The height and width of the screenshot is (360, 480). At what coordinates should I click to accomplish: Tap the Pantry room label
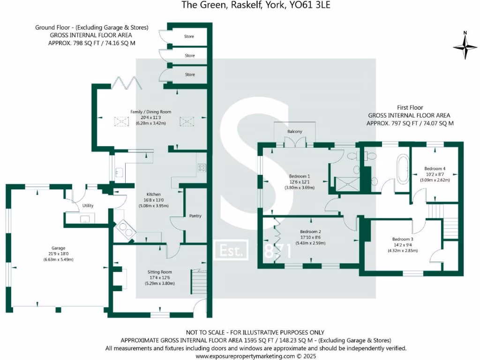195,216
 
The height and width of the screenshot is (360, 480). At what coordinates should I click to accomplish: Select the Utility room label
88,206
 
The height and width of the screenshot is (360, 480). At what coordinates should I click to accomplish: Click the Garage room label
58,248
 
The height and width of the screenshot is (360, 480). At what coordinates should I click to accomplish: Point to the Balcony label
295,132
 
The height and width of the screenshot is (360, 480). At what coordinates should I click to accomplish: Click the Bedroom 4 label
435,169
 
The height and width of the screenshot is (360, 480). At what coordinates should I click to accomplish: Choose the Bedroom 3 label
403,239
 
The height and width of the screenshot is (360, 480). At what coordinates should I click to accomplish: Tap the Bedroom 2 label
310,232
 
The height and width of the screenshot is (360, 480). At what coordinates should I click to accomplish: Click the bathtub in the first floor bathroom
402,166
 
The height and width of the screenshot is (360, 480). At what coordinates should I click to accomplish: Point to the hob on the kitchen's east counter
202,167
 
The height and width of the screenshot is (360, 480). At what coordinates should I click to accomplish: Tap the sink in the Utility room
85,219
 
